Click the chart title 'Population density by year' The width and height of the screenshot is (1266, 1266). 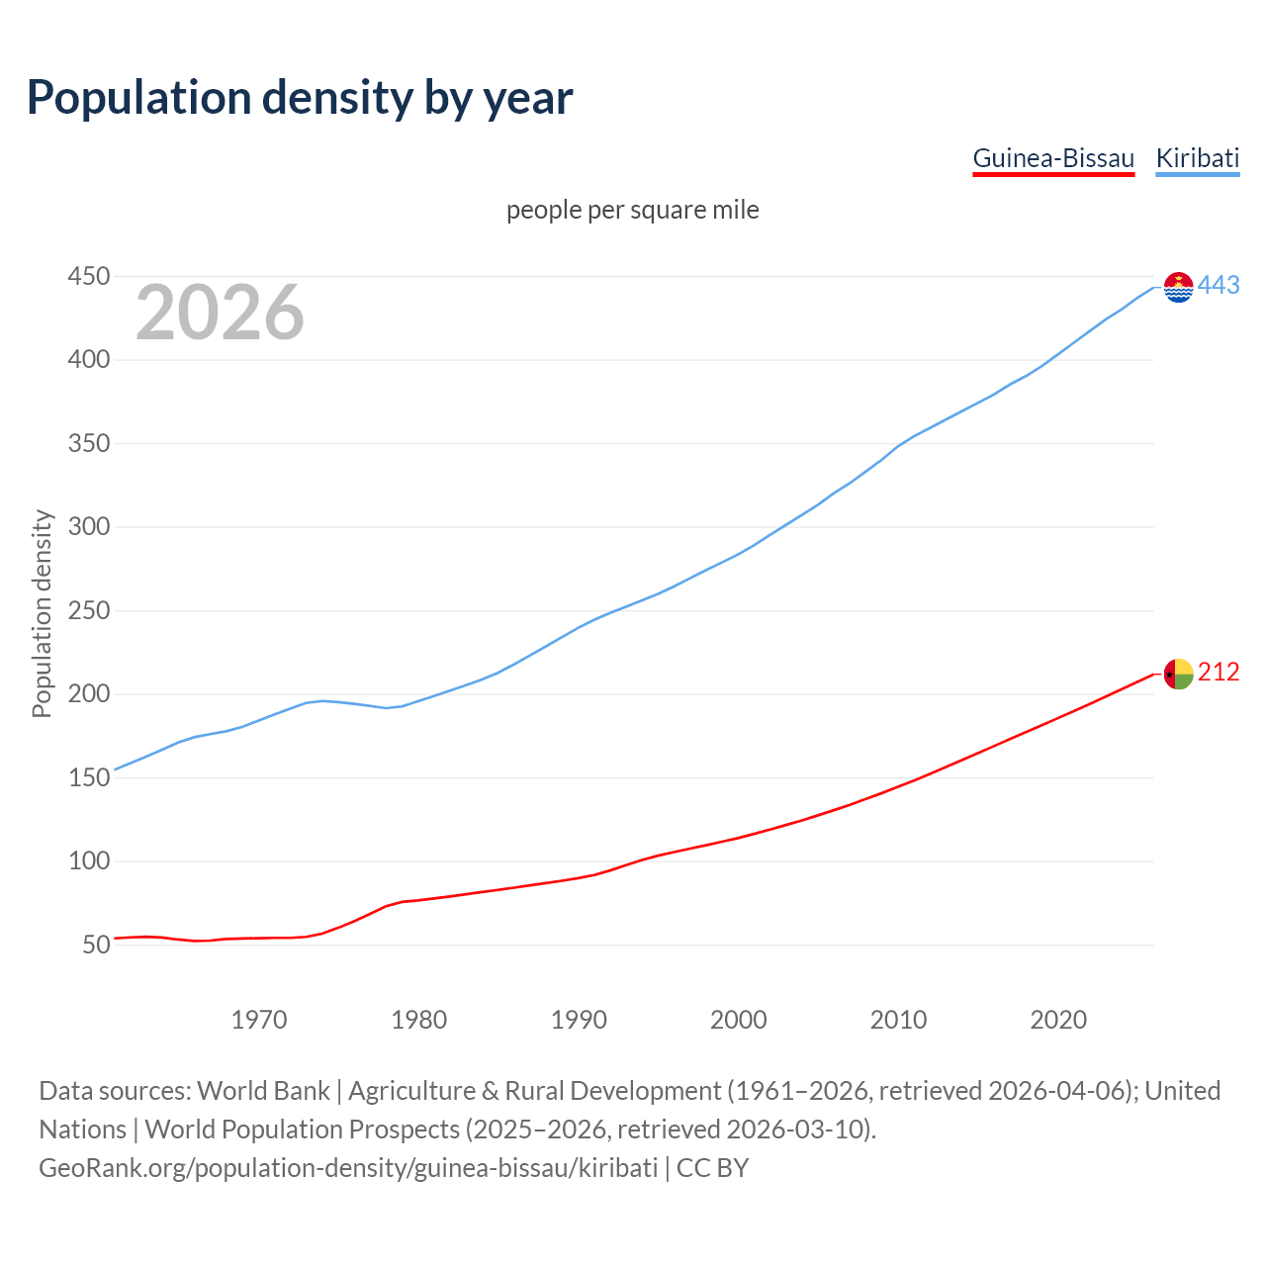[300, 98]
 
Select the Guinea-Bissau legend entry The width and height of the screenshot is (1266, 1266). [1053, 158]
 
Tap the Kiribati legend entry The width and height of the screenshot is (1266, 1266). [1197, 158]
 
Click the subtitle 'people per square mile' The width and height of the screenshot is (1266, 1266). [632, 210]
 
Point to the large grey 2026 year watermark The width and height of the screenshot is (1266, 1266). [220, 313]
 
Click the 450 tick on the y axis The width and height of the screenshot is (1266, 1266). [88, 276]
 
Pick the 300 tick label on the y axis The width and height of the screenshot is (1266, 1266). [88, 527]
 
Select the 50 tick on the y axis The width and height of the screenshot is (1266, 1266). [96, 945]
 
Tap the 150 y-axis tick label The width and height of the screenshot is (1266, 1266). [88, 777]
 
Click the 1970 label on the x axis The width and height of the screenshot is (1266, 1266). [259, 1020]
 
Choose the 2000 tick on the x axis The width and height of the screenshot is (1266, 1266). [739, 1020]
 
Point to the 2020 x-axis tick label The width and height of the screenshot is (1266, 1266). [1058, 1020]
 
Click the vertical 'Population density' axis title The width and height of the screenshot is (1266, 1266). [42, 613]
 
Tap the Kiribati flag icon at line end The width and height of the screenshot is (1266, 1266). [1178, 287]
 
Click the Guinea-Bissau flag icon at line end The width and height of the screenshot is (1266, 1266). [1178, 674]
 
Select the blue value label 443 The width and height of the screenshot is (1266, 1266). [1219, 286]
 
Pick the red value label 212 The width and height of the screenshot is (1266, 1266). [1219, 673]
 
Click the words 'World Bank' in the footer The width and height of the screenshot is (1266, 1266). [263, 1091]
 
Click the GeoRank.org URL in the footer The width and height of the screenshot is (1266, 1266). [348, 1168]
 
